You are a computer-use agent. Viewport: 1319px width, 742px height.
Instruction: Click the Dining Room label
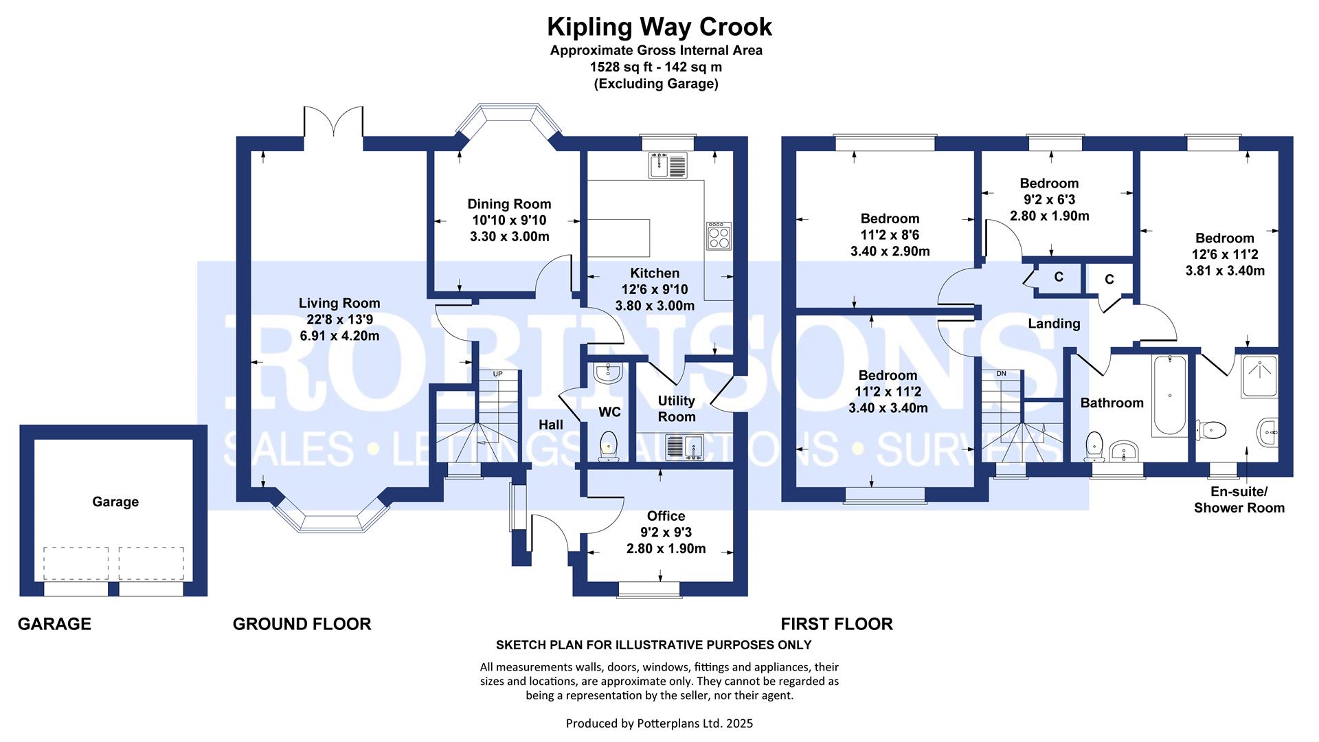pyautogui.click(x=509, y=204)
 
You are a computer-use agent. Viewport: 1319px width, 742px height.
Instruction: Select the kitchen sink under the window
pyautogui.click(x=667, y=165)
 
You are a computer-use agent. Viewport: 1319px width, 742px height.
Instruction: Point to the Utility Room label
pyautogui.click(x=677, y=409)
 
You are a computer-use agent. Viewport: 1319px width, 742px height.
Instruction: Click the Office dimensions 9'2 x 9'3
pyautogui.click(x=666, y=532)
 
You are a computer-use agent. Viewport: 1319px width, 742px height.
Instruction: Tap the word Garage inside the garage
pyautogui.click(x=115, y=502)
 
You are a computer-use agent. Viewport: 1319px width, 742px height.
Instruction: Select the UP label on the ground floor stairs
pyautogui.click(x=498, y=374)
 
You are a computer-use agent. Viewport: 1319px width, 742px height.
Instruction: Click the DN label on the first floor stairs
pyautogui.click(x=1001, y=374)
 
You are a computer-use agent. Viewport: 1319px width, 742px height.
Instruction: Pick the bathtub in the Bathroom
pyautogui.click(x=1167, y=395)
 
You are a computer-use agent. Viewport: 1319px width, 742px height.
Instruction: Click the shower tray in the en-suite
pyautogui.click(x=1259, y=376)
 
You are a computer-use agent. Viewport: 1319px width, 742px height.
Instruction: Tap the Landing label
pyautogui.click(x=1054, y=324)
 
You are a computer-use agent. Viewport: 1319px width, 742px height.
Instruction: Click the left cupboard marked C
pyautogui.click(x=1059, y=277)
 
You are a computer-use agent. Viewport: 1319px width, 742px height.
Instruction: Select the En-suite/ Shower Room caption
pyautogui.click(x=1239, y=500)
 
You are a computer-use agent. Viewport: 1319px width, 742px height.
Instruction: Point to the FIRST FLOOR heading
pyautogui.click(x=837, y=624)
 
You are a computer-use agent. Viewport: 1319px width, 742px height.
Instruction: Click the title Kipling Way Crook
pyautogui.click(x=659, y=27)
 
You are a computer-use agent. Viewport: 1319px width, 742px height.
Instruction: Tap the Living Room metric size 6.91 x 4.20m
pyautogui.click(x=339, y=336)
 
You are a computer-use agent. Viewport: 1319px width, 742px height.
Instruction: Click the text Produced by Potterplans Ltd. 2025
pyautogui.click(x=659, y=723)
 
